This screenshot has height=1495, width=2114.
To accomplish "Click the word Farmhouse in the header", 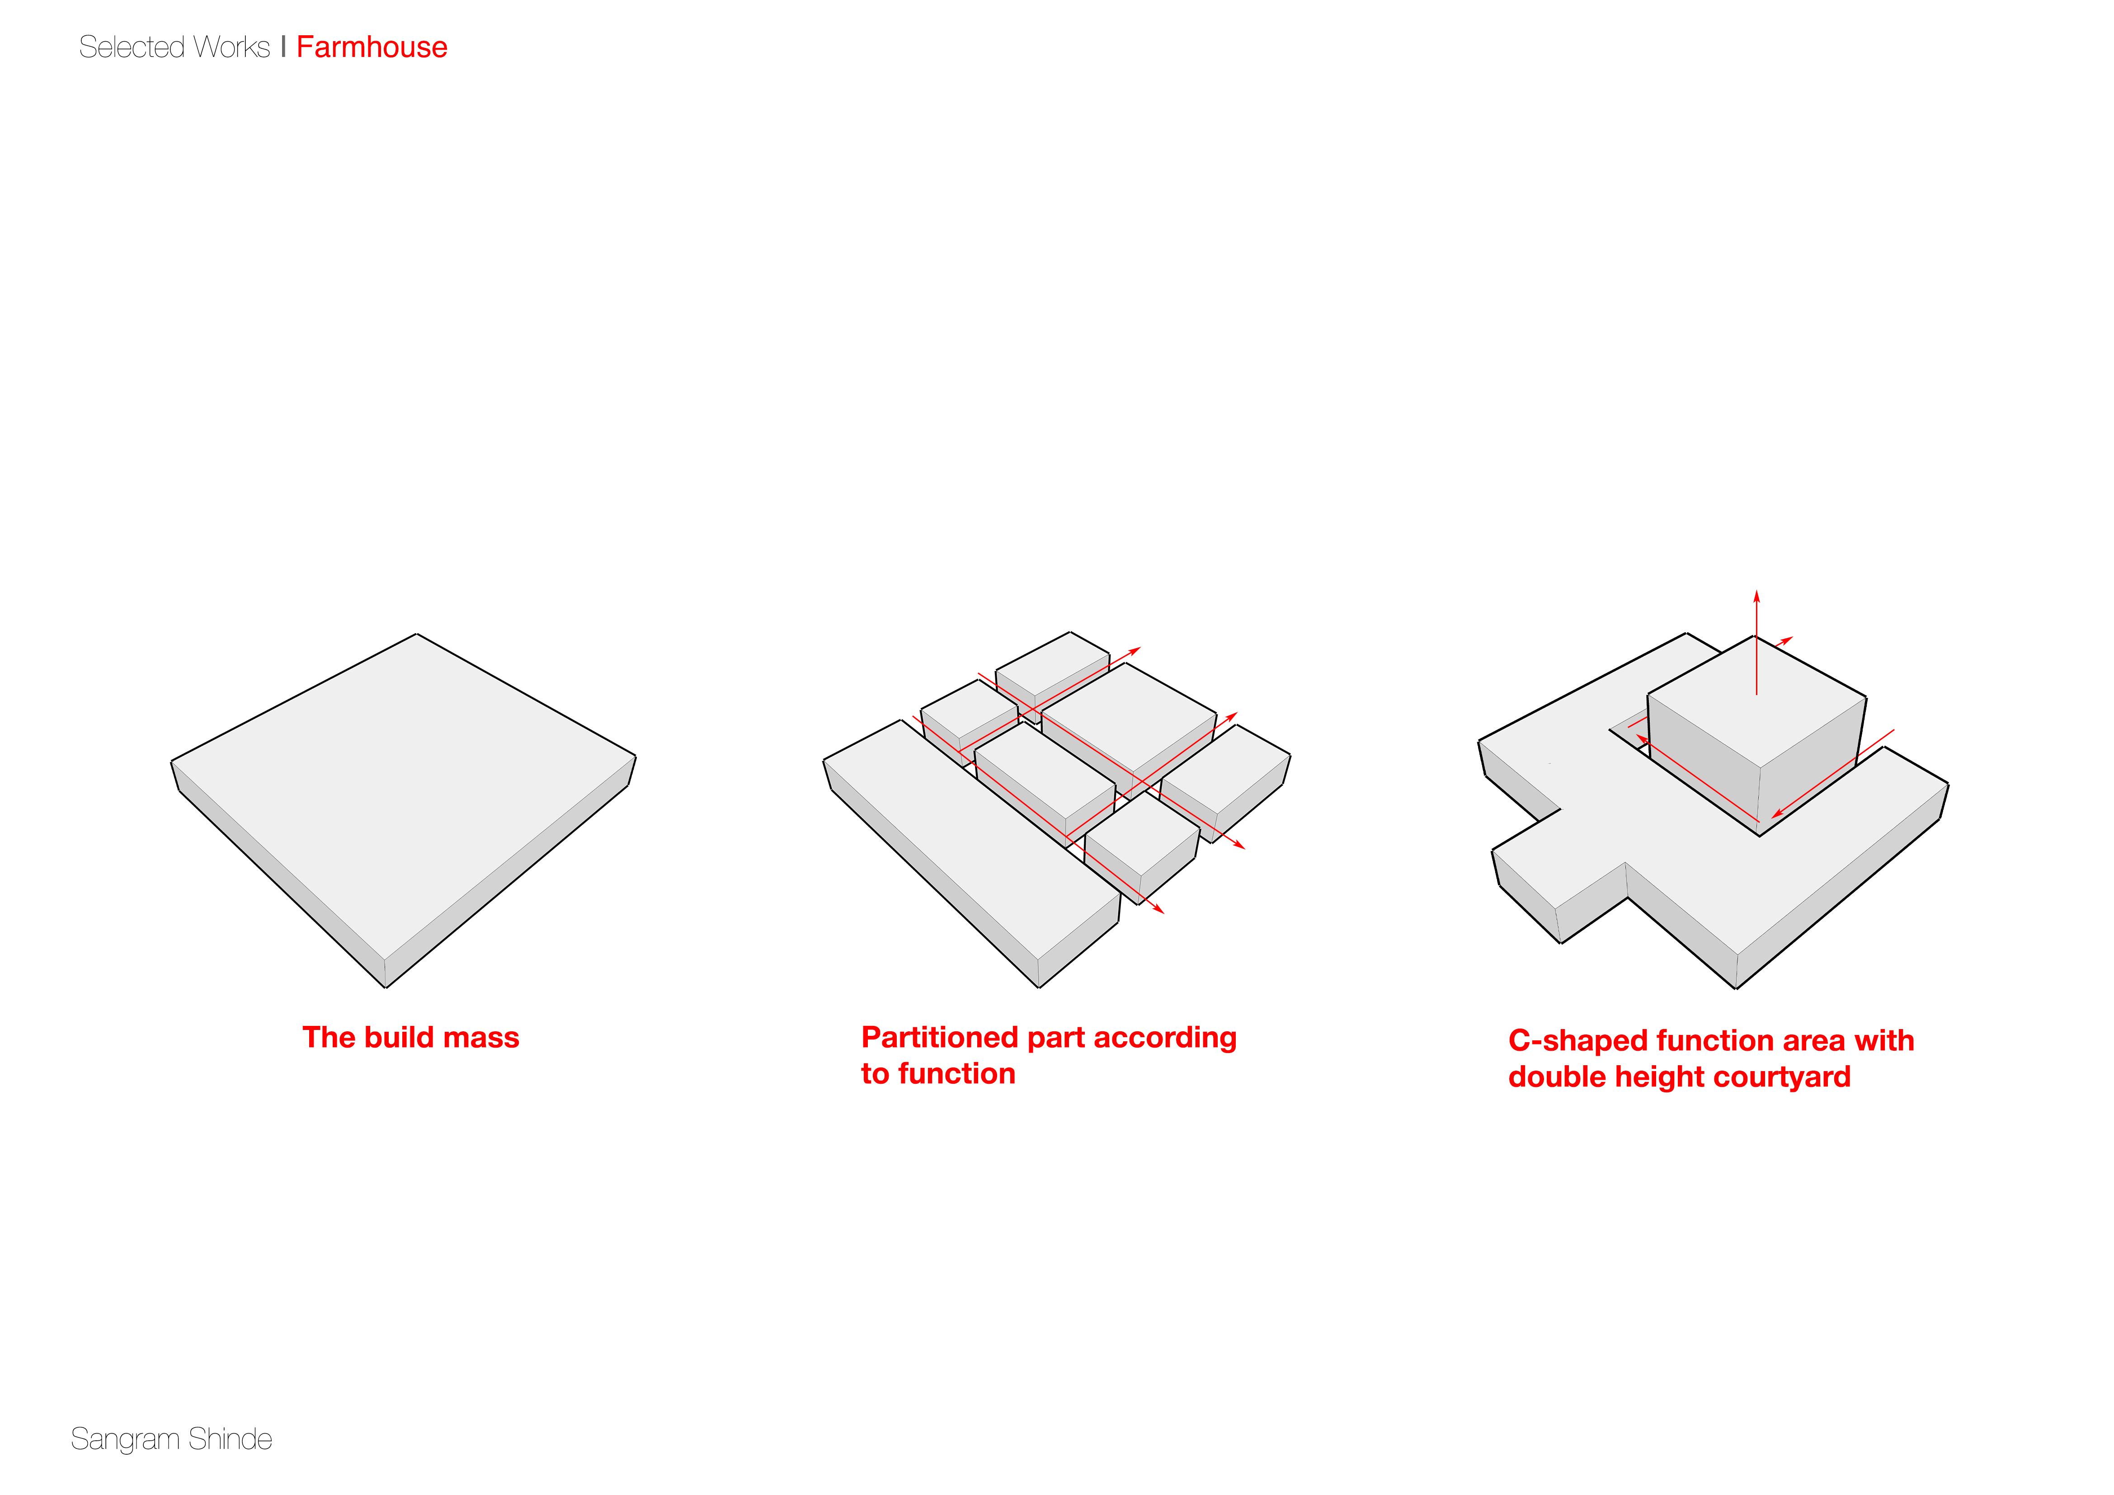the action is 372,47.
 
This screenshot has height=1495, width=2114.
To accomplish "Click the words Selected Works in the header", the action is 174,47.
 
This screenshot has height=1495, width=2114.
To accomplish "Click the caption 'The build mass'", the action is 411,1038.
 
